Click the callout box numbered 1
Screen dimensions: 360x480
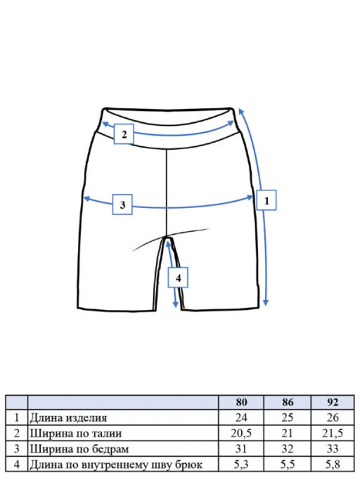[x=266, y=200]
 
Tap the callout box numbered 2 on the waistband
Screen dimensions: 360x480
[x=124, y=134]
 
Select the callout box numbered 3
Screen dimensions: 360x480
[x=122, y=205]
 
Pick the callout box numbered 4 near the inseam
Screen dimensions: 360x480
[x=178, y=278]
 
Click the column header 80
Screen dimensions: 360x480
[x=241, y=402]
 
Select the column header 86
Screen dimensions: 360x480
[x=288, y=402]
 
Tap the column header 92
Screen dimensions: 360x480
[x=333, y=402]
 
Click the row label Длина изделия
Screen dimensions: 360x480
[x=68, y=418]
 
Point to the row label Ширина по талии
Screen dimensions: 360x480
[x=76, y=434]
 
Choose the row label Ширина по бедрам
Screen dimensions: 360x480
[x=79, y=449]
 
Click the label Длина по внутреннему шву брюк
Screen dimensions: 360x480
[x=116, y=465]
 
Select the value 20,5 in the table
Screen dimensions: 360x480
[x=241, y=433]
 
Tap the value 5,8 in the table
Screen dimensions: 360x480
[x=333, y=465]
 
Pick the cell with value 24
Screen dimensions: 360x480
[x=241, y=417]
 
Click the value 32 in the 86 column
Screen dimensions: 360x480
[x=288, y=449]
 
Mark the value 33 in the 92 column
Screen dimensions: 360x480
[x=333, y=449]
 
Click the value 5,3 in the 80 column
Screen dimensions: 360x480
[x=241, y=465]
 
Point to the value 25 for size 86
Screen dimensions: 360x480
[x=288, y=417]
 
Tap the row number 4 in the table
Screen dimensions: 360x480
[x=17, y=465]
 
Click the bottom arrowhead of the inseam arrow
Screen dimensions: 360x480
[x=175, y=304]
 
